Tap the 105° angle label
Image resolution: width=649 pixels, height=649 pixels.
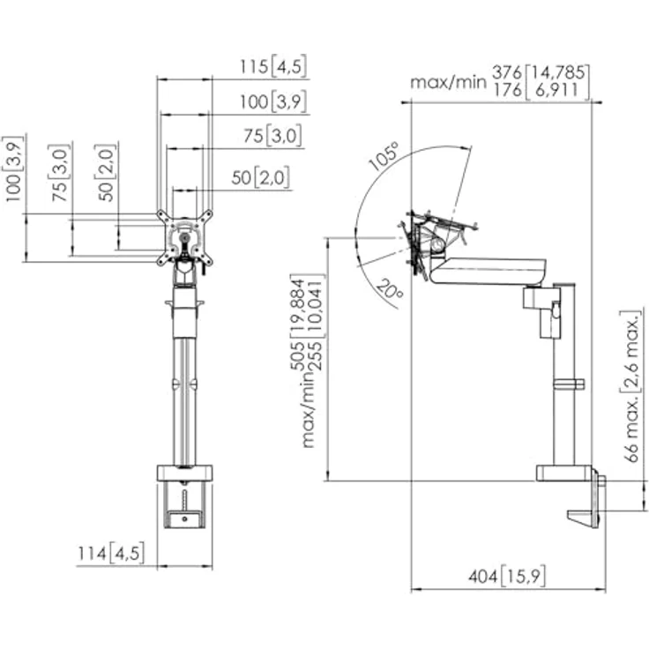[383, 156]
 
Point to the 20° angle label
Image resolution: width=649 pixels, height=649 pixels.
[390, 289]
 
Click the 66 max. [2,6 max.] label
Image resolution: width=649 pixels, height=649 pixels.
[633, 385]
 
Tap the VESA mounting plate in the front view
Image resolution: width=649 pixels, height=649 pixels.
[184, 238]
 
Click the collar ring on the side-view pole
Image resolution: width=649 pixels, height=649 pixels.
[568, 384]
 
